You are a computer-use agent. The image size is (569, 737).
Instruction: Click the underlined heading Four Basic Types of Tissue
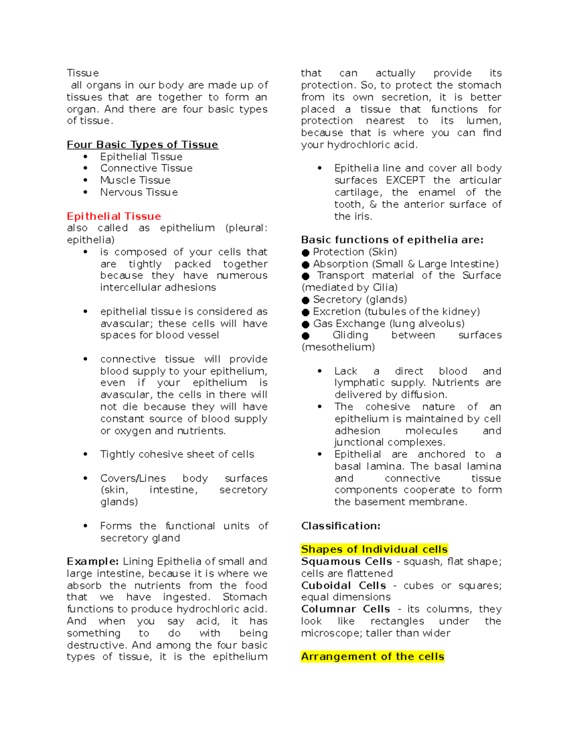142,145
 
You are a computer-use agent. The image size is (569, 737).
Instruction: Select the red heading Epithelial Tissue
114,216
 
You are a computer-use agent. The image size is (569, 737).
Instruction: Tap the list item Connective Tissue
146,168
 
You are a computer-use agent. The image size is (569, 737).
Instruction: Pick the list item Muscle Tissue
135,180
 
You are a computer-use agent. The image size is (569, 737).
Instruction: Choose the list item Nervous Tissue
139,192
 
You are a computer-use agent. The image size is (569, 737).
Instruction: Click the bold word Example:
93,561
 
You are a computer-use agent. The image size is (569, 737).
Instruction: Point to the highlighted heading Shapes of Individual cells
374,550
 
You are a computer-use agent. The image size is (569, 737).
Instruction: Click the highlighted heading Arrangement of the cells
372,657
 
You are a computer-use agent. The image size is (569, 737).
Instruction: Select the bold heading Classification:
340,526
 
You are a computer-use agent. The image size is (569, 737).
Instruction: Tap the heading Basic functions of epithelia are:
392,240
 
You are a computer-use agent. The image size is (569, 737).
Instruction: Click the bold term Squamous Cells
346,561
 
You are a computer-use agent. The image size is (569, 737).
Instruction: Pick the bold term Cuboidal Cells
343,586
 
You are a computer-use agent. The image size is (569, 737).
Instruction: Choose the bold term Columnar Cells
345,609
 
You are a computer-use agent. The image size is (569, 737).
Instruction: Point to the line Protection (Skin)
355,252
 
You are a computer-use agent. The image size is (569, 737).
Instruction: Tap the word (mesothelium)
338,347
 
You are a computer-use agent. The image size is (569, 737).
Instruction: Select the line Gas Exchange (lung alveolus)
388,324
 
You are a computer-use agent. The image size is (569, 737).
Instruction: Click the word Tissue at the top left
83,73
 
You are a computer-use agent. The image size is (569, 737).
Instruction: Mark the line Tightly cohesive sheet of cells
177,455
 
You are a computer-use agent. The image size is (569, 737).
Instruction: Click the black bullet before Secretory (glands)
305,300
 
